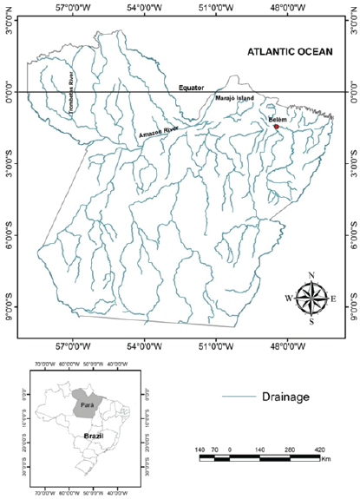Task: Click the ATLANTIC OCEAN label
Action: pyautogui.click(x=289, y=52)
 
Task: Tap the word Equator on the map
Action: pyautogui.click(x=193, y=88)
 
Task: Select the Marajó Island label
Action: pyautogui.click(x=234, y=98)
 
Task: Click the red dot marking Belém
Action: pyautogui.click(x=276, y=127)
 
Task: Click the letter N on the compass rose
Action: pyautogui.click(x=311, y=277)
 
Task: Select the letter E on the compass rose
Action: pyautogui.click(x=333, y=299)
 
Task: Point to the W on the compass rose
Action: pyautogui.click(x=289, y=299)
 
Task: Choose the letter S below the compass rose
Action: pyautogui.click(x=311, y=321)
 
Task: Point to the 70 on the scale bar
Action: pyautogui.click(x=214, y=450)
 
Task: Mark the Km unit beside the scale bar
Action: pyautogui.click(x=325, y=458)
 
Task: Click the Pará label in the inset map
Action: pyautogui.click(x=87, y=404)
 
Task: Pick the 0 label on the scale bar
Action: pyautogui.click(x=229, y=450)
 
